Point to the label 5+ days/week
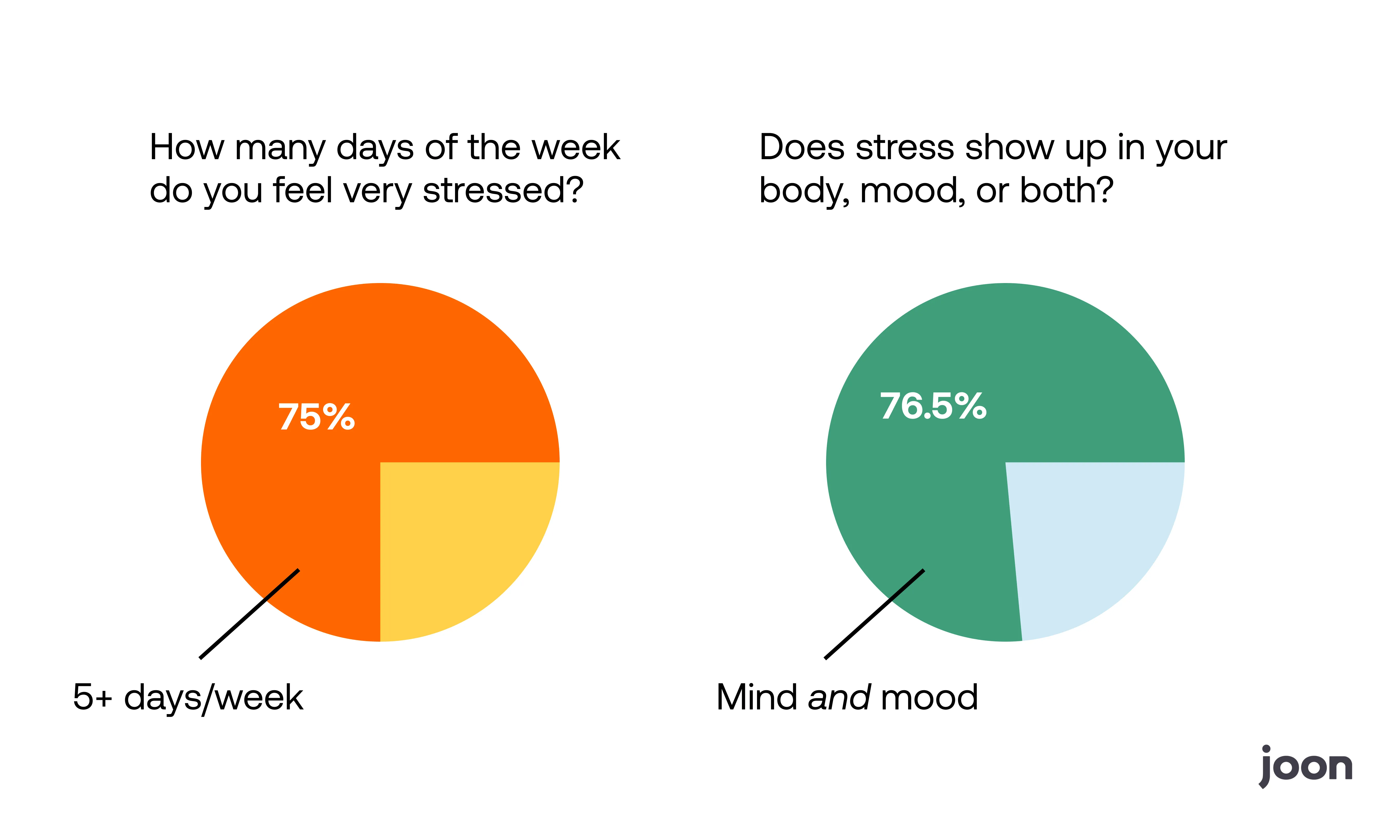188,697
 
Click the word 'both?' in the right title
1066,190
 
